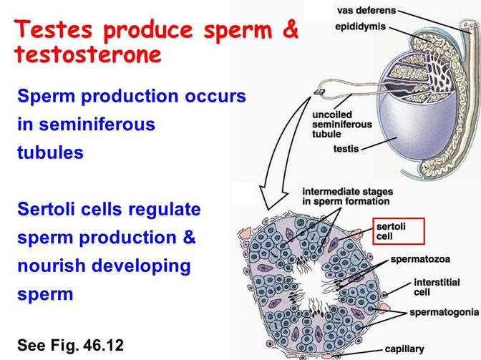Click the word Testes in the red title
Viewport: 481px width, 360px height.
click(53, 29)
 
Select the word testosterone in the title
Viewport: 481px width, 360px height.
click(88, 54)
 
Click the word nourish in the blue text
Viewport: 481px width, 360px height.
click(52, 266)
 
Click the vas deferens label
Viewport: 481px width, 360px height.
click(366, 11)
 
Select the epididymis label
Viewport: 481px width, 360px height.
click(360, 26)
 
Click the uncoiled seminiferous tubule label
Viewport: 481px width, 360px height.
click(341, 125)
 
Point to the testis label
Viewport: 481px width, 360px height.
click(346, 149)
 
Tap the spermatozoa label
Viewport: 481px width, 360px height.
click(420, 259)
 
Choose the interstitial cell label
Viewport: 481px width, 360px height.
click(437, 287)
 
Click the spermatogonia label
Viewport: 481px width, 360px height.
click(444, 313)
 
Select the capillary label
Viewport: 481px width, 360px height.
click(404, 349)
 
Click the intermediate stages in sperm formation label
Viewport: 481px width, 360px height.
click(348, 197)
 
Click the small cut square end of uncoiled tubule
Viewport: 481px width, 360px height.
click(319, 92)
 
